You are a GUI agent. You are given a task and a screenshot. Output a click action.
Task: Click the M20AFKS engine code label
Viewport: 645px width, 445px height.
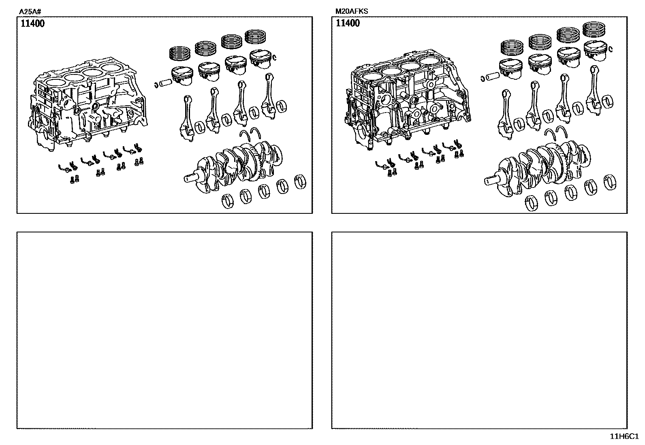(x=351, y=11)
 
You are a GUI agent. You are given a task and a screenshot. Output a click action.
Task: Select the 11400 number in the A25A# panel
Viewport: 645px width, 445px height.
(x=32, y=23)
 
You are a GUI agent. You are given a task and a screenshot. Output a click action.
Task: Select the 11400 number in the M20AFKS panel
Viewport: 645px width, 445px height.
(x=348, y=23)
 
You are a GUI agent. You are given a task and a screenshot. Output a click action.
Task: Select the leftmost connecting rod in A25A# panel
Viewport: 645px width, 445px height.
(x=188, y=119)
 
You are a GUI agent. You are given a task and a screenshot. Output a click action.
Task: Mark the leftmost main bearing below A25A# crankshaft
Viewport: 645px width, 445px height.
(x=228, y=201)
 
